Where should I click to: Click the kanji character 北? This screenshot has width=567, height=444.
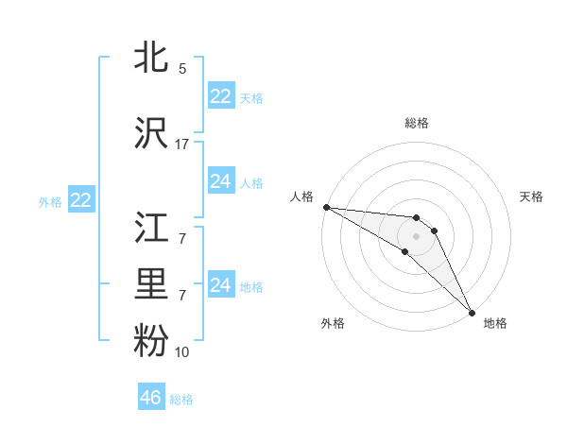click(x=152, y=57)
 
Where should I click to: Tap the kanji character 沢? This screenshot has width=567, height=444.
click(x=152, y=132)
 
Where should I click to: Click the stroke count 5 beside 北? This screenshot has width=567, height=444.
click(x=182, y=69)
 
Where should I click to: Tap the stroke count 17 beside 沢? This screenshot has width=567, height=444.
click(x=182, y=145)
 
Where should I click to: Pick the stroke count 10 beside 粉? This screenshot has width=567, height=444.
click(x=182, y=352)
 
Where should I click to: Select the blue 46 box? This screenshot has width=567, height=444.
click(x=151, y=398)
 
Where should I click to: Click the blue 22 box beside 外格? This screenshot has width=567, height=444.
click(x=80, y=200)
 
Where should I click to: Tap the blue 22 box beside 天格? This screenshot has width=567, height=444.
click(x=221, y=96)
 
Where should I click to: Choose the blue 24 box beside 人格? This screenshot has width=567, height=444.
click(x=221, y=181)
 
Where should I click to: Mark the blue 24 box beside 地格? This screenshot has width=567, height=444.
click(x=221, y=285)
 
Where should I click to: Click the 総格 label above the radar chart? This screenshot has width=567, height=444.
click(x=417, y=123)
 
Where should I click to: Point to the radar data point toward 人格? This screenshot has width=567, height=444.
click(x=325, y=206)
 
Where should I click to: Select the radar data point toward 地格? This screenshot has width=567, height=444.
click(x=471, y=312)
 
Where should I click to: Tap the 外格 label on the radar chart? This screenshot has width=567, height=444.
click(x=333, y=324)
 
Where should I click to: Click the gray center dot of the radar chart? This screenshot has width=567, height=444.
click(x=417, y=235)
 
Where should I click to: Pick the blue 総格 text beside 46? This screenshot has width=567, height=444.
click(x=181, y=400)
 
